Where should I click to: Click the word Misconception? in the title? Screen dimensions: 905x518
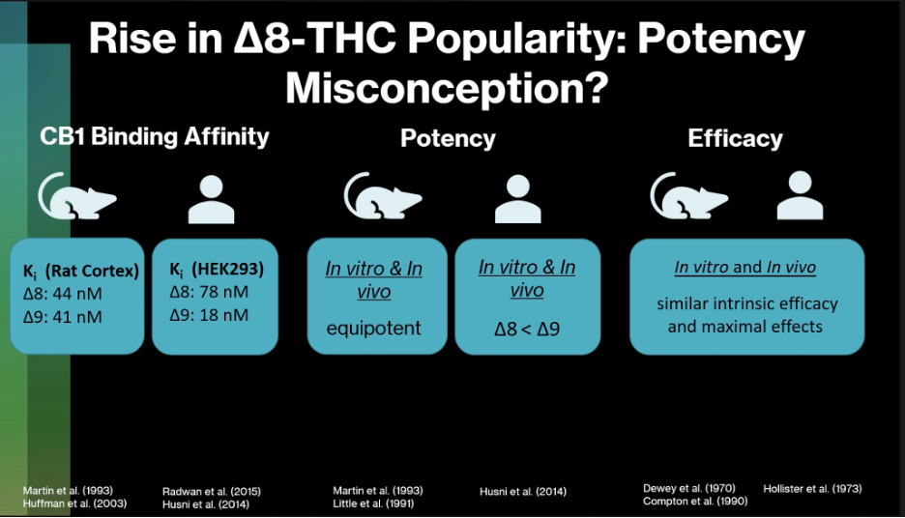448,88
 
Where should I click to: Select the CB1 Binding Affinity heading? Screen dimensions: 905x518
155,136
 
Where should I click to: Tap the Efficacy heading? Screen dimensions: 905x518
735,138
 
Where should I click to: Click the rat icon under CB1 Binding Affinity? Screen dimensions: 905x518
77,195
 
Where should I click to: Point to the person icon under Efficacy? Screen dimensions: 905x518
800,195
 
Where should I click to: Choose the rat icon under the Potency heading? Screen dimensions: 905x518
383,195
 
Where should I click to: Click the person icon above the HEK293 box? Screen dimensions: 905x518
211,199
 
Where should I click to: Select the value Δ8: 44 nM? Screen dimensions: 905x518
62,294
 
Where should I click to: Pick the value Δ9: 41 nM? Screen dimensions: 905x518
62,317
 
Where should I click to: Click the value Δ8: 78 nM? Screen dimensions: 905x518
209,292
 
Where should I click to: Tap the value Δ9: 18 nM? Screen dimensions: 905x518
209,315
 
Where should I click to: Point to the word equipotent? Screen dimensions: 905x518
374,329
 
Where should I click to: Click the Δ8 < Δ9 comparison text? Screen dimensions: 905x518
527,329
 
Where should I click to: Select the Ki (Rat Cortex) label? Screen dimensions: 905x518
81,272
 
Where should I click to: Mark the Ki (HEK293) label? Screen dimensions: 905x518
217,270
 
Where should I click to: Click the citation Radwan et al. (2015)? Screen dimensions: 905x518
211,492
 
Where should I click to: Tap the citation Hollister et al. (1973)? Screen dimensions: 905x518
812,489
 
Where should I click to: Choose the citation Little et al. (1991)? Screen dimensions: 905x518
373,504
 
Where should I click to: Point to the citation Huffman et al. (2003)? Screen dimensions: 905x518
74,504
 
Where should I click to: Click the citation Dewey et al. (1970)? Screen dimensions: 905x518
689,489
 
